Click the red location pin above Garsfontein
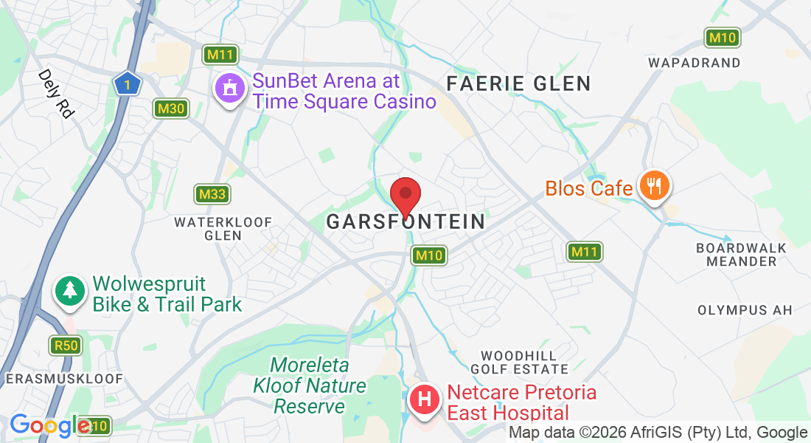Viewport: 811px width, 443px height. pos(405,196)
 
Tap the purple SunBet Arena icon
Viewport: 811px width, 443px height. pos(230,89)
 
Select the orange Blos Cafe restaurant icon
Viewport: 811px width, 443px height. pos(653,184)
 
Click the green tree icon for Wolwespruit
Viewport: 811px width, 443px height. pos(70,291)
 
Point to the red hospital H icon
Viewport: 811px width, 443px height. pos(425,400)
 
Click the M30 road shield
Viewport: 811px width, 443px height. pos(172,109)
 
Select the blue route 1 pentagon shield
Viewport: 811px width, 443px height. pos(128,84)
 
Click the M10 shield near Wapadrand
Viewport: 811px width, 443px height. pos(722,38)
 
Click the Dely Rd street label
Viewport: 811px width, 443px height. pos(57,94)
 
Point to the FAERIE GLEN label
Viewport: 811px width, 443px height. pos(519,83)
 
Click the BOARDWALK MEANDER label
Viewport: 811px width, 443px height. pos(741,255)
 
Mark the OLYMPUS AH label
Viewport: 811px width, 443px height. pos(745,310)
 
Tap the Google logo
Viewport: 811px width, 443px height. pos(49,425)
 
